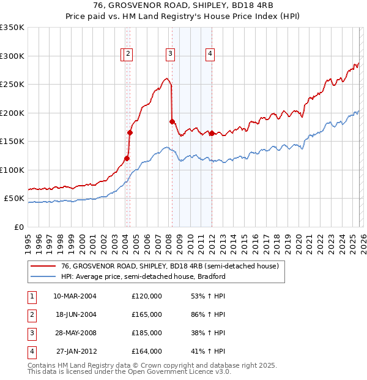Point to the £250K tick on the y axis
pyautogui.click(x=13, y=85)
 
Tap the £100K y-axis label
pyautogui.click(x=13, y=170)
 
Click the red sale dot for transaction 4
pyautogui.click(x=212, y=134)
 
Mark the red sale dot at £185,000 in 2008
pyautogui.click(x=172, y=121)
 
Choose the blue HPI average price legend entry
pyautogui.click(x=143, y=276)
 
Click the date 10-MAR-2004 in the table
pyautogui.click(x=75, y=296)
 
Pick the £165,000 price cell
pyautogui.click(x=147, y=314)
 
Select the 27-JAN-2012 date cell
pyautogui.click(x=76, y=351)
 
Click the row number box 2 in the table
pyautogui.click(x=31, y=314)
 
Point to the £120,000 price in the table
pyautogui.click(x=147, y=296)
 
